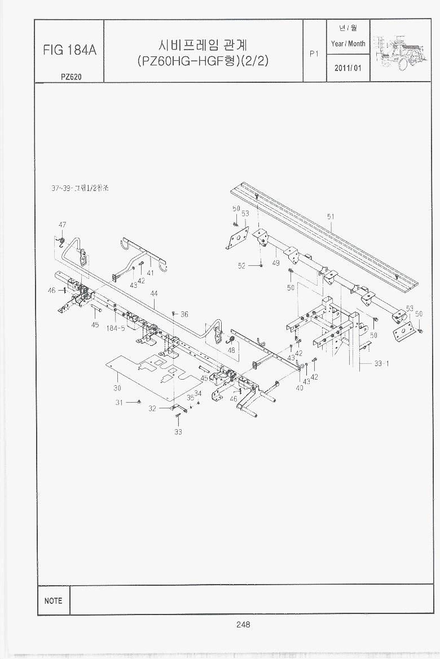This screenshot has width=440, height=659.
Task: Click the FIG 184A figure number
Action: (69, 50)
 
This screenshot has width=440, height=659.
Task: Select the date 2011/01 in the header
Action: (348, 68)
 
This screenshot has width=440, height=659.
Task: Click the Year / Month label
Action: (348, 43)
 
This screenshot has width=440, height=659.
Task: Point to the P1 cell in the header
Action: (315, 55)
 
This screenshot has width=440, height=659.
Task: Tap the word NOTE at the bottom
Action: (53, 601)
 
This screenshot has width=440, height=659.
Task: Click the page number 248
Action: (243, 624)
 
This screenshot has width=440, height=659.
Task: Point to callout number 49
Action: (276, 262)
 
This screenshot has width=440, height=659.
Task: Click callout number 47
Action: (63, 225)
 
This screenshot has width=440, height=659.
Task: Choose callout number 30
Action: (117, 388)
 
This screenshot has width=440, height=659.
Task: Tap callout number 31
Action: (119, 403)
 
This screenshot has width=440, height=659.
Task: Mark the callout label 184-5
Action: (116, 328)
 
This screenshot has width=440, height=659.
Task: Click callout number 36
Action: (184, 315)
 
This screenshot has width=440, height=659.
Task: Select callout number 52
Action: (241, 266)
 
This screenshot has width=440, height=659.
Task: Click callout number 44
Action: (153, 293)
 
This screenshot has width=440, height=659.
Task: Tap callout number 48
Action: (231, 350)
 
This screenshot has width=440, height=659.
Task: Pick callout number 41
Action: (150, 273)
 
